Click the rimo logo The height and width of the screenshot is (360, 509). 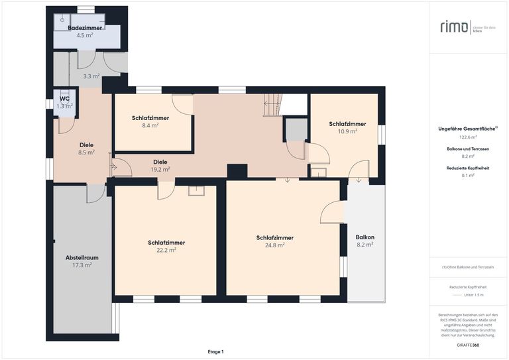coord(453,27)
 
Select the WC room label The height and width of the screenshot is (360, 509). coord(64,99)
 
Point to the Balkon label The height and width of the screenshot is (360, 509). coord(365,237)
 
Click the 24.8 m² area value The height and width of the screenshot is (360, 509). coord(274,245)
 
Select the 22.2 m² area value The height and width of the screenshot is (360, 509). coord(166,250)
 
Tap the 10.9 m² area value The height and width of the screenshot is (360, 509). coord(347,131)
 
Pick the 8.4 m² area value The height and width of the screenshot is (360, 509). coord(150,125)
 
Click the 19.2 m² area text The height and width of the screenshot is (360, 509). coord(160,169)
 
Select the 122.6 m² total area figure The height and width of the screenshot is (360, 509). coord(468,137)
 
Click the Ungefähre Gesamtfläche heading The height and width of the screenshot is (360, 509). coord(467,129)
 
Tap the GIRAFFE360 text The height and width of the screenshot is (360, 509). coord(467,345)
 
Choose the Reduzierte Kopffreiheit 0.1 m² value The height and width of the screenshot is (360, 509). coord(468,175)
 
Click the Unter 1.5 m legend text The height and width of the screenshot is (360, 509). coord(473,294)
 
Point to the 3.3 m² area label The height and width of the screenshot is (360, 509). coord(91,76)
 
